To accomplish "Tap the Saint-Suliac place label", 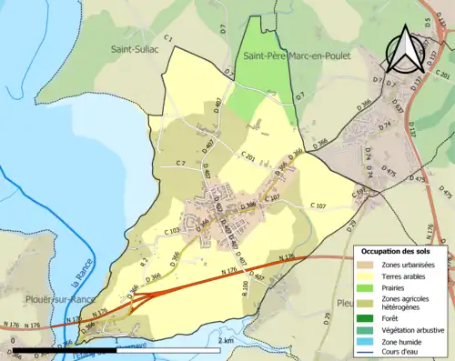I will click(135, 48).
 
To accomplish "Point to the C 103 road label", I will click(171, 232).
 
